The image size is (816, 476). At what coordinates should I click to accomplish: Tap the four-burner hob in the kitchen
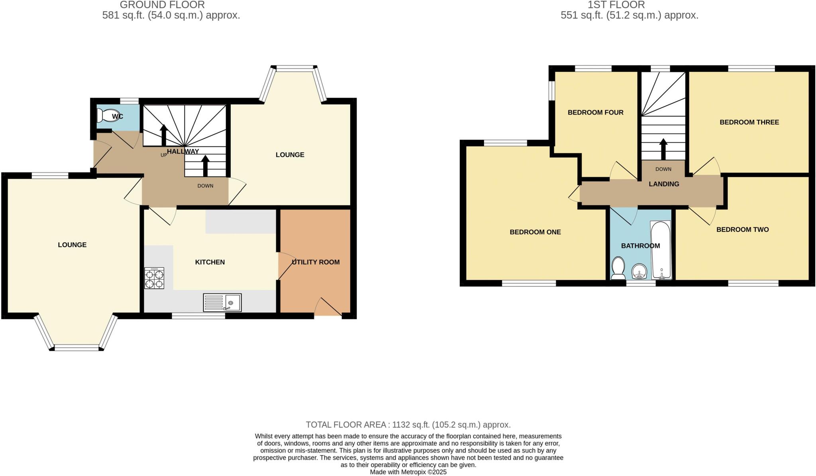pyautogui.click(x=154, y=278)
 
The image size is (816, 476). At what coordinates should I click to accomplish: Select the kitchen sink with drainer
pyautogui.click(x=222, y=302)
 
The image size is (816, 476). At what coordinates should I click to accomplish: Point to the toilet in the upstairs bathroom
pyautogui.click(x=618, y=268)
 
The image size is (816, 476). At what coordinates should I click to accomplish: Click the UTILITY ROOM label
pyautogui.click(x=316, y=262)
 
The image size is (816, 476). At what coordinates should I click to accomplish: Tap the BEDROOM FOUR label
pyautogui.click(x=595, y=113)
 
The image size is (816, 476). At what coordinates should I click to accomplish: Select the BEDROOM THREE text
pyautogui.click(x=749, y=122)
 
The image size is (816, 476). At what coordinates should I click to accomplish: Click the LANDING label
pyautogui.click(x=664, y=184)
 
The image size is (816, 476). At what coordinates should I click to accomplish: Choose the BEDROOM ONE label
pyautogui.click(x=535, y=232)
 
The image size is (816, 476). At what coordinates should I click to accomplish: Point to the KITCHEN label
pyautogui.click(x=210, y=262)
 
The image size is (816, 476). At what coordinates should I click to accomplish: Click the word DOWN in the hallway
pyautogui.click(x=205, y=186)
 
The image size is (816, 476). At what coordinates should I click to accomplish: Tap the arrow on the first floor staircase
pyautogui.click(x=663, y=148)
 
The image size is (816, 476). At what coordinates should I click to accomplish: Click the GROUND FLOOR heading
pyautogui.click(x=162, y=5)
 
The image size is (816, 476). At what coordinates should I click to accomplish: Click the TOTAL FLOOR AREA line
pyautogui.click(x=408, y=425)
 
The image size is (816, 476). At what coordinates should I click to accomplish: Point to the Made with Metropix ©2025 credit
pyautogui.click(x=408, y=472)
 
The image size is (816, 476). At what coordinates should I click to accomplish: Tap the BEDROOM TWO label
pyautogui.click(x=742, y=229)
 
